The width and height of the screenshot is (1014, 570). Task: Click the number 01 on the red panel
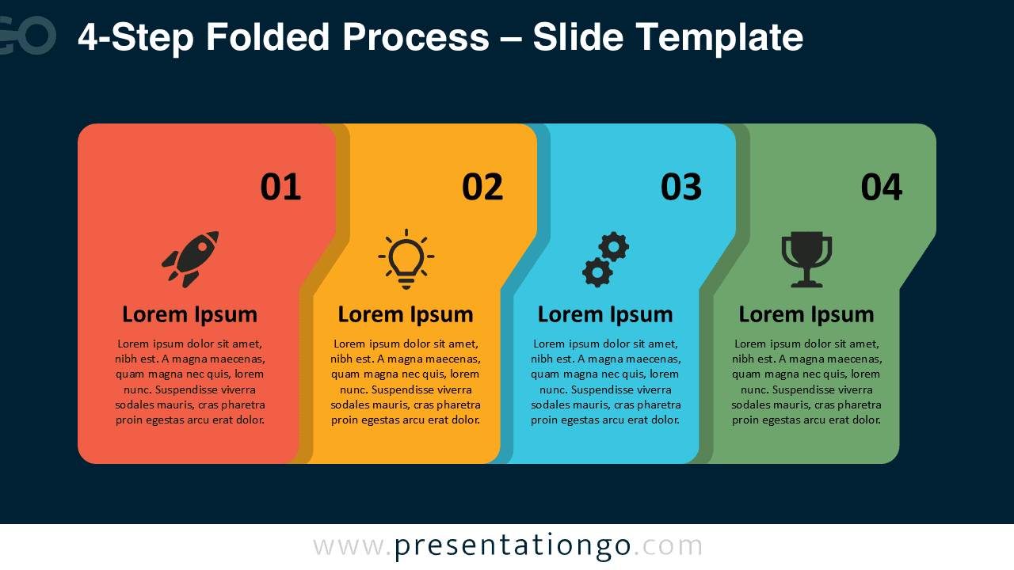[280, 188]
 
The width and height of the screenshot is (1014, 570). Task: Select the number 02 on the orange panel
[482, 188]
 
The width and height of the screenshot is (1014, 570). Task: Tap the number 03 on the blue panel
[681, 188]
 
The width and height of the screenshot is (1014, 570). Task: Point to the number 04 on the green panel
[882, 188]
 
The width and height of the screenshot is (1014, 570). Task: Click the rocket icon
[190, 259]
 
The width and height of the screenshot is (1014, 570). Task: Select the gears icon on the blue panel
[605, 259]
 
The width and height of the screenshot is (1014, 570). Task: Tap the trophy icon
[806, 259]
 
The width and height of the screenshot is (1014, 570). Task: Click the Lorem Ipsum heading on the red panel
[189, 314]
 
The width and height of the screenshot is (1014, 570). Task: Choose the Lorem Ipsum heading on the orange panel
[406, 314]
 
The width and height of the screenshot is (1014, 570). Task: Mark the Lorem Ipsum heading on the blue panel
[605, 314]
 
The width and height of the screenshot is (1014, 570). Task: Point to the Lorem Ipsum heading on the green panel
[806, 314]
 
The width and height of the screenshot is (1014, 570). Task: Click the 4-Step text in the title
[135, 38]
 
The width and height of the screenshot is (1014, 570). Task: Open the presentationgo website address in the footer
[508, 546]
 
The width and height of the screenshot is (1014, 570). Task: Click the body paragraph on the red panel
[189, 382]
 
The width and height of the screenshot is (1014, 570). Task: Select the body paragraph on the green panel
[806, 382]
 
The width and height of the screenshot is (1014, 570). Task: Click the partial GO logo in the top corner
[27, 36]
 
